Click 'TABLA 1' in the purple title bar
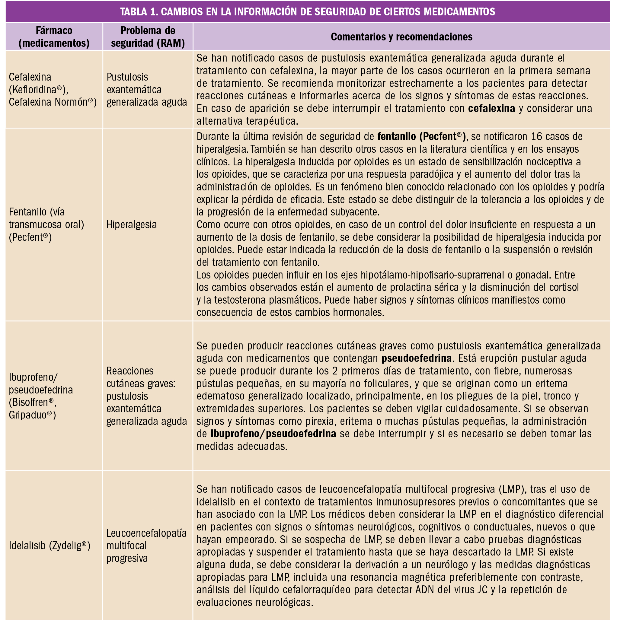(138, 11)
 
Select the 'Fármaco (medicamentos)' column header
(54, 37)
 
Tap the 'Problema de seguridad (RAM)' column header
(148, 37)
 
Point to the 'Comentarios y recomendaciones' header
(401, 37)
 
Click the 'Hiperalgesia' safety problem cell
(132, 225)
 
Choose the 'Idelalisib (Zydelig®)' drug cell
(50, 546)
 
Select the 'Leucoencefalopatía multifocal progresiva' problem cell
(146, 546)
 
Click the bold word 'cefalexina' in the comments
(491, 108)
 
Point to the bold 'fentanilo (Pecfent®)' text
(421, 136)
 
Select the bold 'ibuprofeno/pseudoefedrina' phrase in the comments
(273, 434)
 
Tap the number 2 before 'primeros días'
(335, 371)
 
